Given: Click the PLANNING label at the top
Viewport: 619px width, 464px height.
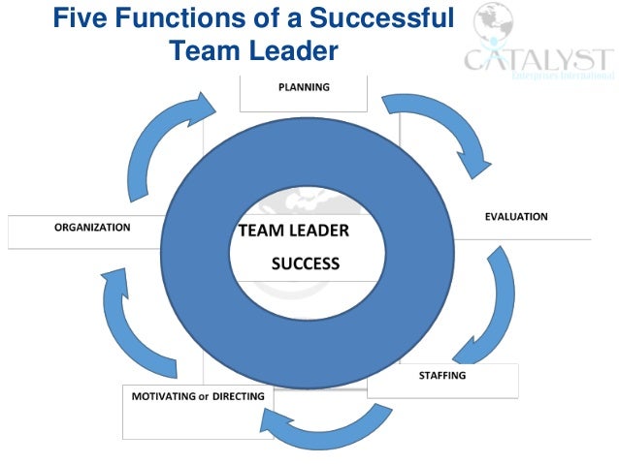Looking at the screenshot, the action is [x=304, y=87].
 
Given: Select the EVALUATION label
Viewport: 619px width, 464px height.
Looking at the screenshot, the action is [x=516, y=216].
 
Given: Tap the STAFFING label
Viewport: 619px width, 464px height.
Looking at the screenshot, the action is [x=441, y=375].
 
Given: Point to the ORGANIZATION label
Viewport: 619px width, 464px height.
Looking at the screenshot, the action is [x=92, y=228].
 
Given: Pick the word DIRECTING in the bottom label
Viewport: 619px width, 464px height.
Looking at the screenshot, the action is [x=239, y=396].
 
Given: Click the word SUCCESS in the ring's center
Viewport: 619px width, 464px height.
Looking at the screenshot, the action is [x=305, y=263].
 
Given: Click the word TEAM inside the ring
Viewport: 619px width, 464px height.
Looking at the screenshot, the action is [x=259, y=232].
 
